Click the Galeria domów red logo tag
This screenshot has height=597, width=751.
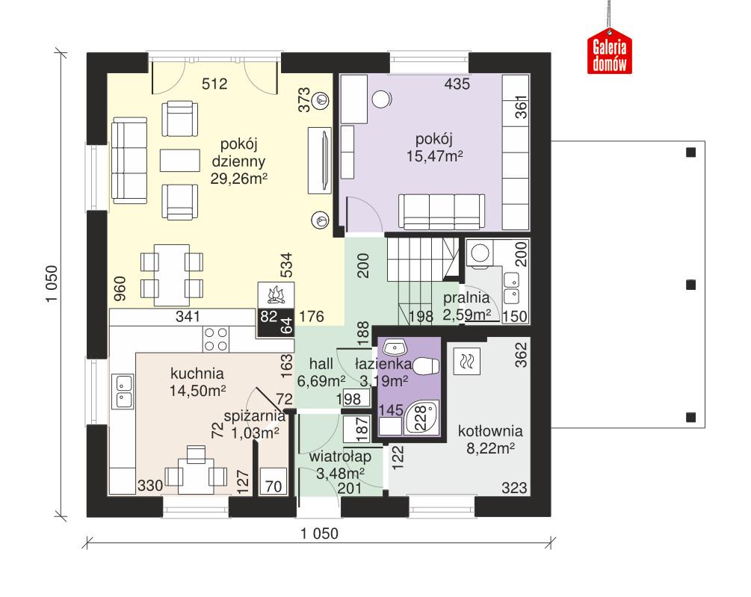tap(610, 55)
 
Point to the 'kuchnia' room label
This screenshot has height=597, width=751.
tap(197, 374)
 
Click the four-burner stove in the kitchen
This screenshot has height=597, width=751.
tap(216, 339)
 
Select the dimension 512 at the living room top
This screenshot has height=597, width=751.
tap(214, 84)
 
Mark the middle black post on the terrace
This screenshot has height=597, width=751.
tap(690, 284)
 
